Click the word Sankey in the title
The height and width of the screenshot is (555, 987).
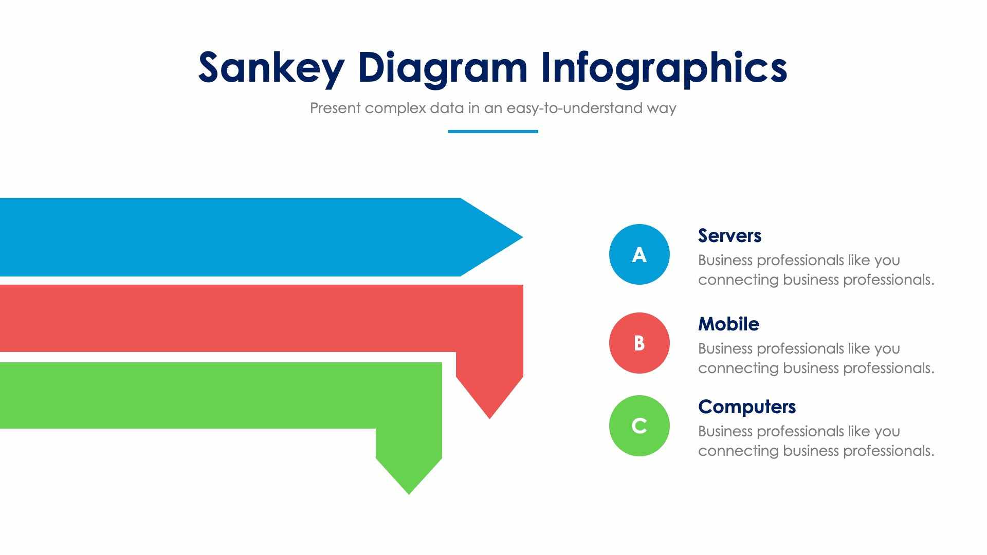pos(271,67)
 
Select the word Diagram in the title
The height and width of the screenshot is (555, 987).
pos(443,67)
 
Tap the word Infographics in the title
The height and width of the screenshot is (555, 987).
pos(664,67)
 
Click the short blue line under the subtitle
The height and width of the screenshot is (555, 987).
pos(493,132)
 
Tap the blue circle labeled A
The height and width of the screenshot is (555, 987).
pos(639,254)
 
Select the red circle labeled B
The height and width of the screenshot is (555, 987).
pos(639,343)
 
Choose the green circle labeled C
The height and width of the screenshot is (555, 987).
pos(639,425)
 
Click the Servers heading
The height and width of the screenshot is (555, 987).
pos(729,235)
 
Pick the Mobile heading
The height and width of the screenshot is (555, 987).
pos(728,324)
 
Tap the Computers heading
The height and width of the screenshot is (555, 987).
pos(746,406)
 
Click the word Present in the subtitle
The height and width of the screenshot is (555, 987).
pos(335,108)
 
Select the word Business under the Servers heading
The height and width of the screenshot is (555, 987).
pos(725,260)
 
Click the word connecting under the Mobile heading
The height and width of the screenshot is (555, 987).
pos(738,368)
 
